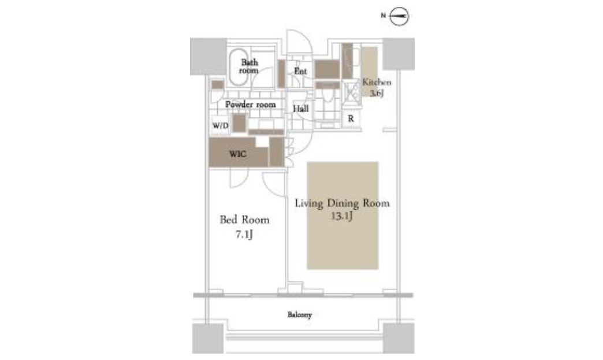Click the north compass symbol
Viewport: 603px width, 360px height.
pos(399,16)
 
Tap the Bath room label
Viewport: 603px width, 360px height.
pos(249,66)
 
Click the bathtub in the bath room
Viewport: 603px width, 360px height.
pos(239,67)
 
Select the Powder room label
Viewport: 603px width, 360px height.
pos(250,105)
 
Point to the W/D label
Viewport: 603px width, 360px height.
pos(221,126)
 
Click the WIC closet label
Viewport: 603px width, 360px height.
pos(237,154)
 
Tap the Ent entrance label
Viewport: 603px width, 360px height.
pos(300,71)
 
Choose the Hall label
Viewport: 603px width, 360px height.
pos(301,109)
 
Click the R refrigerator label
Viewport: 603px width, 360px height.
pos(351,119)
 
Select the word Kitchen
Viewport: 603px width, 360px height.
pos(377,82)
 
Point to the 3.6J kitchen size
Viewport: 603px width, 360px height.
pos(377,93)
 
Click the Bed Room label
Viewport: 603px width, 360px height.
pos(244,220)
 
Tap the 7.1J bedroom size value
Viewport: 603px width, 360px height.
pos(244,234)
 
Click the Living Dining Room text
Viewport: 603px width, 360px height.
pos(343,203)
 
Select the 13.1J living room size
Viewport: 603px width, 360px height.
pos(341,216)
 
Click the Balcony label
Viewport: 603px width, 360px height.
pos(300,314)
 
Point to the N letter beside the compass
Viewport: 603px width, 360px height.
pos(383,16)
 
